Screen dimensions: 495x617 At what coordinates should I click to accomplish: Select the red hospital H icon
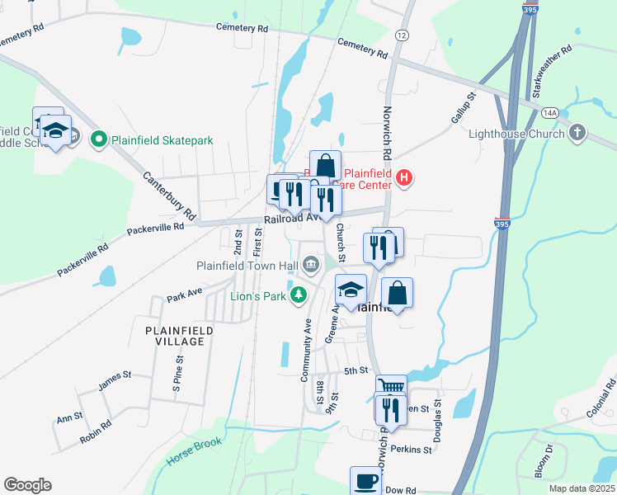point(403,177)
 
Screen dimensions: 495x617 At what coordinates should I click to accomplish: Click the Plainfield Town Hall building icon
point(311,265)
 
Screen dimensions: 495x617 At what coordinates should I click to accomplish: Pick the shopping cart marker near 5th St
point(391,389)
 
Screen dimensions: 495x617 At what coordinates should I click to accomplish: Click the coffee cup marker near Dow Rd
point(365,480)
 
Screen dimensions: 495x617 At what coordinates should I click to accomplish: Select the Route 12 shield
point(402,35)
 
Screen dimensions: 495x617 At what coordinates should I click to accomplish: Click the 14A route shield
point(550,112)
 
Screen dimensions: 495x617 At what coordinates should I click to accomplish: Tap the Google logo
point(27,485)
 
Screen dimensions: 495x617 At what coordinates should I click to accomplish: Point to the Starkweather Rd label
point(553,73)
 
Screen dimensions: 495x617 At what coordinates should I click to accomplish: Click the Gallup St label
point(464,108)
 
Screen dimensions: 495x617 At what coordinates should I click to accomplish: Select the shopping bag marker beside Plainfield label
point(397,294)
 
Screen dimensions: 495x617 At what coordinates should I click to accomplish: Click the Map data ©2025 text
point(581,488)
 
